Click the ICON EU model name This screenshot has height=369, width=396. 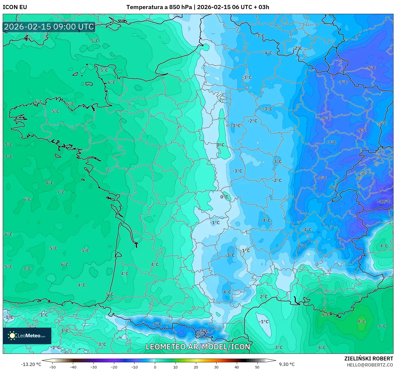tap(15, 7)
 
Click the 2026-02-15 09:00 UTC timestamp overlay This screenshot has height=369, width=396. tap(49, 27)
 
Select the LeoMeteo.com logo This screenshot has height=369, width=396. tap(27, 336)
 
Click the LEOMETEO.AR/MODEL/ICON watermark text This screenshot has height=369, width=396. tap(198, 347)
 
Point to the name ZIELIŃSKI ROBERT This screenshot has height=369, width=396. tap(369, 359)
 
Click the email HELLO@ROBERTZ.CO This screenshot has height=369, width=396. tap(370, 365)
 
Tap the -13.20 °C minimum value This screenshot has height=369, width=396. tap(31, 364)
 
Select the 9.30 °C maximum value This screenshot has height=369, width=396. tap(287, 364)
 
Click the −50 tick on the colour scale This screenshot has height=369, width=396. tap(52, 367)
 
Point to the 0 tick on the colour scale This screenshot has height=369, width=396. tap(155, 367)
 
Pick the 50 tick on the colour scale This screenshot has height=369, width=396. tap(257, 367)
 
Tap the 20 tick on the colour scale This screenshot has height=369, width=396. tap(196, 367)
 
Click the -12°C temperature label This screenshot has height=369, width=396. tap(384, 202)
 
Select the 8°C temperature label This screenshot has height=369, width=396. tap(50, 183)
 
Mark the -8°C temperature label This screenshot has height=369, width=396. tap(321, 178)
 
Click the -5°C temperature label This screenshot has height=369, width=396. tap(383, 124)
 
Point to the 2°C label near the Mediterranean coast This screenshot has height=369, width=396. tap(264, 296)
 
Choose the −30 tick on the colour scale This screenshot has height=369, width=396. tap(94, 367)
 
